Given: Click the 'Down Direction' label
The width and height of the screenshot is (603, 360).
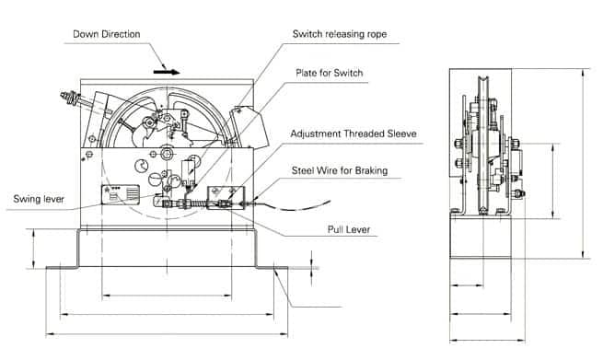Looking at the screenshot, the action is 107,34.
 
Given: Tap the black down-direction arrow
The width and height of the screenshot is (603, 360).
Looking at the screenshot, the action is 167,72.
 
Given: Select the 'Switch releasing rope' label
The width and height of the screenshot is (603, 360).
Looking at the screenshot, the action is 340,34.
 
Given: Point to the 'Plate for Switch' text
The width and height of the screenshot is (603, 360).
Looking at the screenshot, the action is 330,73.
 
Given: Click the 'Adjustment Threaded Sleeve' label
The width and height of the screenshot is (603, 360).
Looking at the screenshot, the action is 354,134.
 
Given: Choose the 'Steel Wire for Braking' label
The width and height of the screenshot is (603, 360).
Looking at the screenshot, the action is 340,170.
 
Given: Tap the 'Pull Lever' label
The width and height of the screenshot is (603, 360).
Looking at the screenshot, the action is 349,229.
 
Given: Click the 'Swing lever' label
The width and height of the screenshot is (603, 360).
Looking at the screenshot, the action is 39,199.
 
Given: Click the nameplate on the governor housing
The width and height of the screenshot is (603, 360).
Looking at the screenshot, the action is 121,194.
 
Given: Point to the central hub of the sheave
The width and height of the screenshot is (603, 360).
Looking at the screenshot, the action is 167,155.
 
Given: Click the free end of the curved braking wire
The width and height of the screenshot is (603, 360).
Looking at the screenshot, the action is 330,201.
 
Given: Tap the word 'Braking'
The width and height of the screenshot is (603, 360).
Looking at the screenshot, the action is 371,170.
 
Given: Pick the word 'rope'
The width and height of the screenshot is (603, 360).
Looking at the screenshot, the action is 377,35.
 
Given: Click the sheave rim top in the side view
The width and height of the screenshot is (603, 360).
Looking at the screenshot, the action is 482,78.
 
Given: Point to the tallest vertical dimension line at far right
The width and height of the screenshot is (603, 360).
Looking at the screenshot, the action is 584,164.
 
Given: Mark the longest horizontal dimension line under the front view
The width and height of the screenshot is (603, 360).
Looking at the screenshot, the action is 167,334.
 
